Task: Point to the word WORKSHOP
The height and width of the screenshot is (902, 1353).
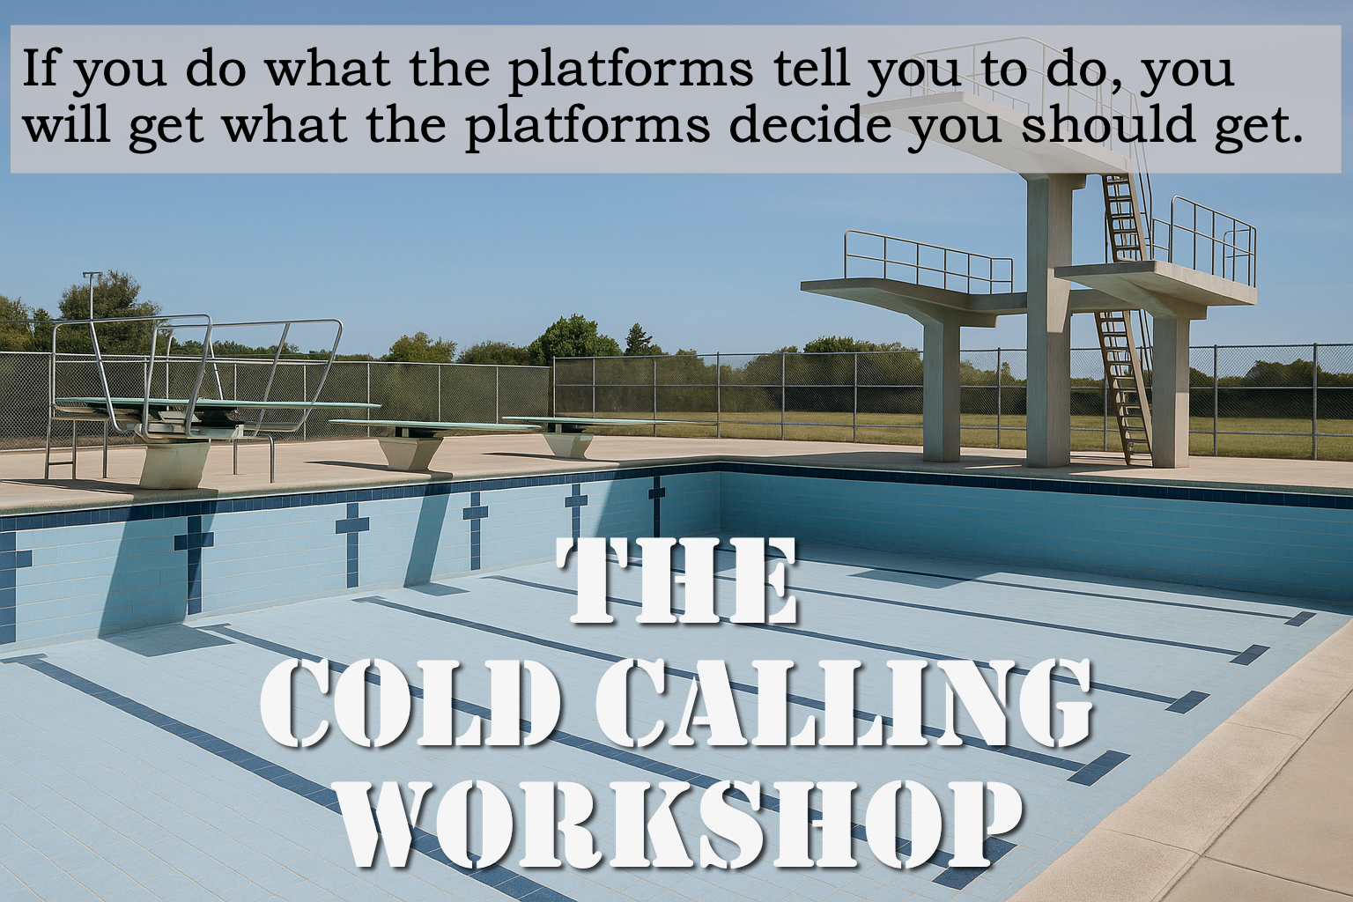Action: (x=676, y=824)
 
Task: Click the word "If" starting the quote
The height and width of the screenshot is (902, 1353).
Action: (x=40, y=70)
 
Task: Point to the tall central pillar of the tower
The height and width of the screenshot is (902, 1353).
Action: (x=1050, y=321)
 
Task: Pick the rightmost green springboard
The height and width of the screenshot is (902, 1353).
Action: (x=604, y=423)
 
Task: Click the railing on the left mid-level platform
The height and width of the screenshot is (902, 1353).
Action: (x=928, y=260)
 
